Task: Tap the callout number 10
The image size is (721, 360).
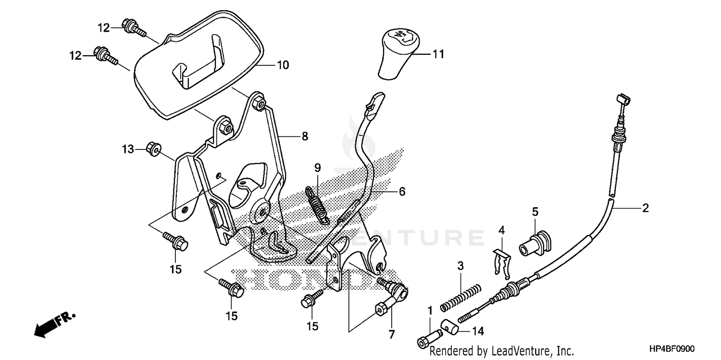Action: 283,65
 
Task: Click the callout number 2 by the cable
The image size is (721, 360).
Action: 645,208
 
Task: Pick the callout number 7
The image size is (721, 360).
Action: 392,334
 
